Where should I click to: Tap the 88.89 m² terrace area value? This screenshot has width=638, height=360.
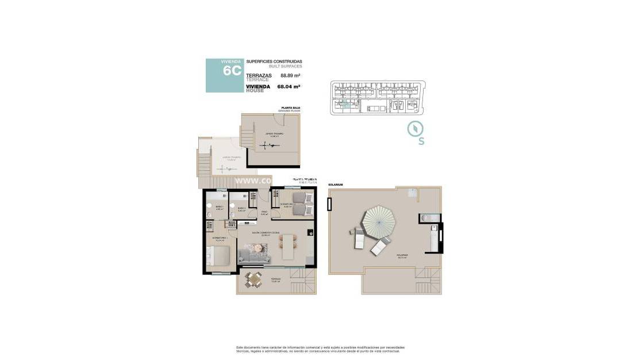(x=291, y=75)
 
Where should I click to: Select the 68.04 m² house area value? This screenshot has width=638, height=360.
(x=289, y=87)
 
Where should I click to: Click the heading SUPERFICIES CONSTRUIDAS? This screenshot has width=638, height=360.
(x=274, y=62)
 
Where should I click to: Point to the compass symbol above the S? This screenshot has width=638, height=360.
(x=414, y=129)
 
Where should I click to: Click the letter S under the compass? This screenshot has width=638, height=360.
(x=421, y=142)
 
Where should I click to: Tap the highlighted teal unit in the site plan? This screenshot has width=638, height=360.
(x=345, y=104)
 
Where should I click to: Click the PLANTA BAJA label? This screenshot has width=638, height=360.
(x=290, y=108)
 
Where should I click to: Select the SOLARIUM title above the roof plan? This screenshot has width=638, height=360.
(x=336, y=185)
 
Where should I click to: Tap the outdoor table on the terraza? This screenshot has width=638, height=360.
(x=254, y=279)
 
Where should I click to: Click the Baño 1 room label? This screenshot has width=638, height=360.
(x=219, y=207)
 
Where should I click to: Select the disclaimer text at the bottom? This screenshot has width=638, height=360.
(x=320, y=349)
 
